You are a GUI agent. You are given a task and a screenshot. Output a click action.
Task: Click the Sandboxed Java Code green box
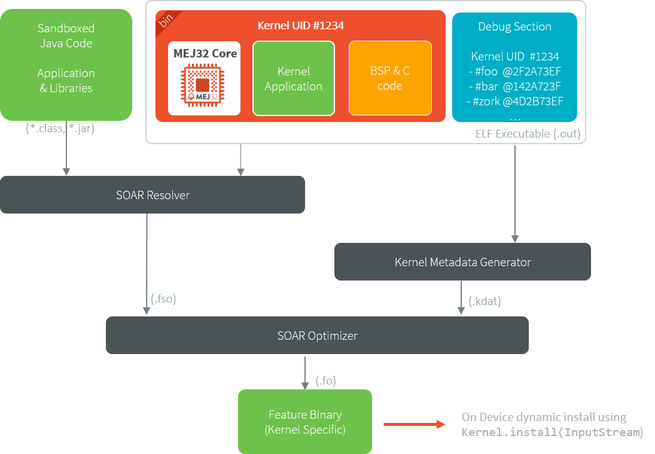tap(66, 65)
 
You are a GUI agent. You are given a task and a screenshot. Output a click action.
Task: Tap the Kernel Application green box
tap(293, 78)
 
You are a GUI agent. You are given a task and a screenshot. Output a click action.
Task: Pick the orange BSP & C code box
tap(389, 78)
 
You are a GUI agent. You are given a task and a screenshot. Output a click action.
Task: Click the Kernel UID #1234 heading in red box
tap(300, 26)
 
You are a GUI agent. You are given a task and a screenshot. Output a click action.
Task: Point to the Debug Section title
tap(514, 26)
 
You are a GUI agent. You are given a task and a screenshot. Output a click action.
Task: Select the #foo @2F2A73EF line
tap(514, 71)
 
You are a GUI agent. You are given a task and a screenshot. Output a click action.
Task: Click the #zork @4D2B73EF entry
tap(514, 100)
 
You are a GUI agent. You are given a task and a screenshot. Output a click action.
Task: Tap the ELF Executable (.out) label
tap(528, 133)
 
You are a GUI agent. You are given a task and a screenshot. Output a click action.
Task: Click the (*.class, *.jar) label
tap(60, 127)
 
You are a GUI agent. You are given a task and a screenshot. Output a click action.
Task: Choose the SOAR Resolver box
tap(153, 195)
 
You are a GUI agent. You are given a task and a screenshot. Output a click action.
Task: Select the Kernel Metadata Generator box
tap(462, 262)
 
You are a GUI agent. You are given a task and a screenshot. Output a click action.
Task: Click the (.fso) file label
tap(163, 299)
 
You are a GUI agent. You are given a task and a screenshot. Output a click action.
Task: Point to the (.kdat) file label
tap(485, 301)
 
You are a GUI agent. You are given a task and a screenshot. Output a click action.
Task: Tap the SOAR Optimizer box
tap(317, 336)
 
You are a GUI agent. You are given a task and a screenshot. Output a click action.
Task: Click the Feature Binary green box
tap(305, 422)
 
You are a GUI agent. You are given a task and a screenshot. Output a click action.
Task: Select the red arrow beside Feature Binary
tap(414, 424)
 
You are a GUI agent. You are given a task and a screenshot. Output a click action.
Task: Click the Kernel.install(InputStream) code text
tap(552, 432)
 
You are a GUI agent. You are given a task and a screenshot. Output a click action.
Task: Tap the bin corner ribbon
tap(163, 20)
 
